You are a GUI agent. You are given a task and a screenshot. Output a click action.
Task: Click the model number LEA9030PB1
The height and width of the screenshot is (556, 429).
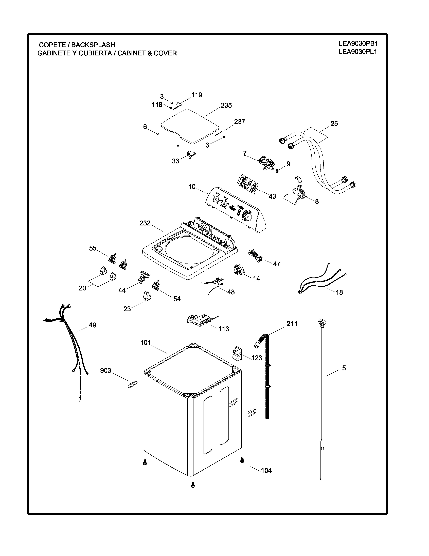pyautogui.click(x=358, y=43)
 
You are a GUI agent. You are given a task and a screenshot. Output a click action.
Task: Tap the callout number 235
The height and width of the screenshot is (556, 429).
pyautogui.click(x=226, y=105)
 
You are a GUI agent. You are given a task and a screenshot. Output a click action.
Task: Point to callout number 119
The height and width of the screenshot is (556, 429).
pyautogui.click(x=196, y=95)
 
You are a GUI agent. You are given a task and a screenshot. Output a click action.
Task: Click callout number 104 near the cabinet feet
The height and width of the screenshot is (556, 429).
pyautogui.click(x=266, y=471)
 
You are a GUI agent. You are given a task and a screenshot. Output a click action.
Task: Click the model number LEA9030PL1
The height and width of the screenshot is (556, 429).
pyautogui.click(x=358, y=52)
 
